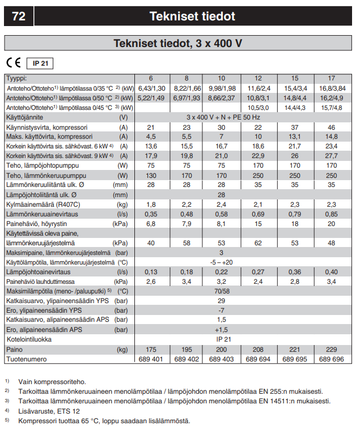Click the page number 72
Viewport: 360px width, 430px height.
coord(19,16)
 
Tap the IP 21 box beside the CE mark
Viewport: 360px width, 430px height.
coord(40,63)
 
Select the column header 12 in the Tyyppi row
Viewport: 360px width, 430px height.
coord(258,78)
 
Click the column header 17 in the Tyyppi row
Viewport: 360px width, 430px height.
coord(331,78)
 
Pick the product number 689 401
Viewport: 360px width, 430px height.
coord(151,359)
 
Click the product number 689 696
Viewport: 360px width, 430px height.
coord(331,359)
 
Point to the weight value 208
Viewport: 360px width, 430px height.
coord(258,350)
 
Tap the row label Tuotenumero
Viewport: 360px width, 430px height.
coord(26,359)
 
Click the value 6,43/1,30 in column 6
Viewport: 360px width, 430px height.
coord(151,88)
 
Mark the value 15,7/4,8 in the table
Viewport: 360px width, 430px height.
coord(331,107)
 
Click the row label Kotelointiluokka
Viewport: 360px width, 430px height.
coord(29,339)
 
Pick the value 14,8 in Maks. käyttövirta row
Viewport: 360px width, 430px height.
coord(331,136)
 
